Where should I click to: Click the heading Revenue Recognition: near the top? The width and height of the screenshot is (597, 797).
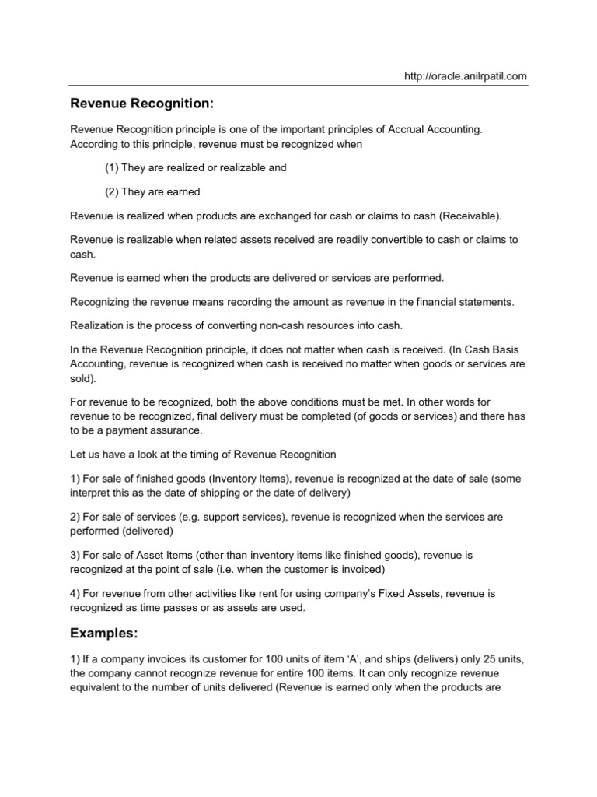coord(141,104)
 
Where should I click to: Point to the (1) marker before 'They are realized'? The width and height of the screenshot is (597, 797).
coord(112,168)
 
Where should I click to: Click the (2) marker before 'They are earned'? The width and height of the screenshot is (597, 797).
coord(112,191)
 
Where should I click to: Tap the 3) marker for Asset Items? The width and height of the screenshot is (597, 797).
coord(75,555)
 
